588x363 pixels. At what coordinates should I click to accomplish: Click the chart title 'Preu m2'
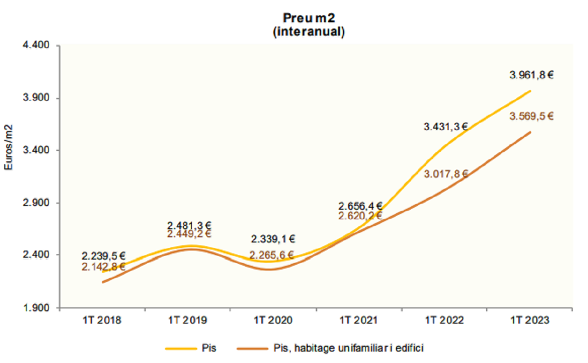tap(309, 18)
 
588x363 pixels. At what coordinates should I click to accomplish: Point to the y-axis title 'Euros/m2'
tap(8, 148)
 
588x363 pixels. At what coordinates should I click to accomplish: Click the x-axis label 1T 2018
tap(102, 320)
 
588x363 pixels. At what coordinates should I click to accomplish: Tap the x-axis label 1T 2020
tap(273, 320)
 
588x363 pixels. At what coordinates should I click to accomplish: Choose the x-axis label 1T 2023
tap(530, 320)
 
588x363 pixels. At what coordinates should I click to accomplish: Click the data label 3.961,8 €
tap(532, 75)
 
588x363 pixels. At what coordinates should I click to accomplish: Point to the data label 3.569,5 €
tap(532, 117)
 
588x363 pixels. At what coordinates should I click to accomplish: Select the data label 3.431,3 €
tap(446, 127)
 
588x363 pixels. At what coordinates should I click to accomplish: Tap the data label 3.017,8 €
tap(446, 174)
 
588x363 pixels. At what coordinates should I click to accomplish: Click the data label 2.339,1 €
tap(273, 239)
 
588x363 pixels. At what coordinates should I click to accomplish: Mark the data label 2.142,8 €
tap(103, 267)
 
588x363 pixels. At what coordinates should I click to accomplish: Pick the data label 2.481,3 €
tap(189, 225)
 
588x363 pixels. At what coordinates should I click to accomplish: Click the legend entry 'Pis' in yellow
tap(208, 348)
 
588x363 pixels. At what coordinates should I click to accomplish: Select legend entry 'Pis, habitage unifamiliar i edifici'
tap(348, 348)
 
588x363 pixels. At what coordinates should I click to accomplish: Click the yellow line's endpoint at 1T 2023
tap(530, 91)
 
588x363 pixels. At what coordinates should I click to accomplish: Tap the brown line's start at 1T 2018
tap(102, 282)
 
